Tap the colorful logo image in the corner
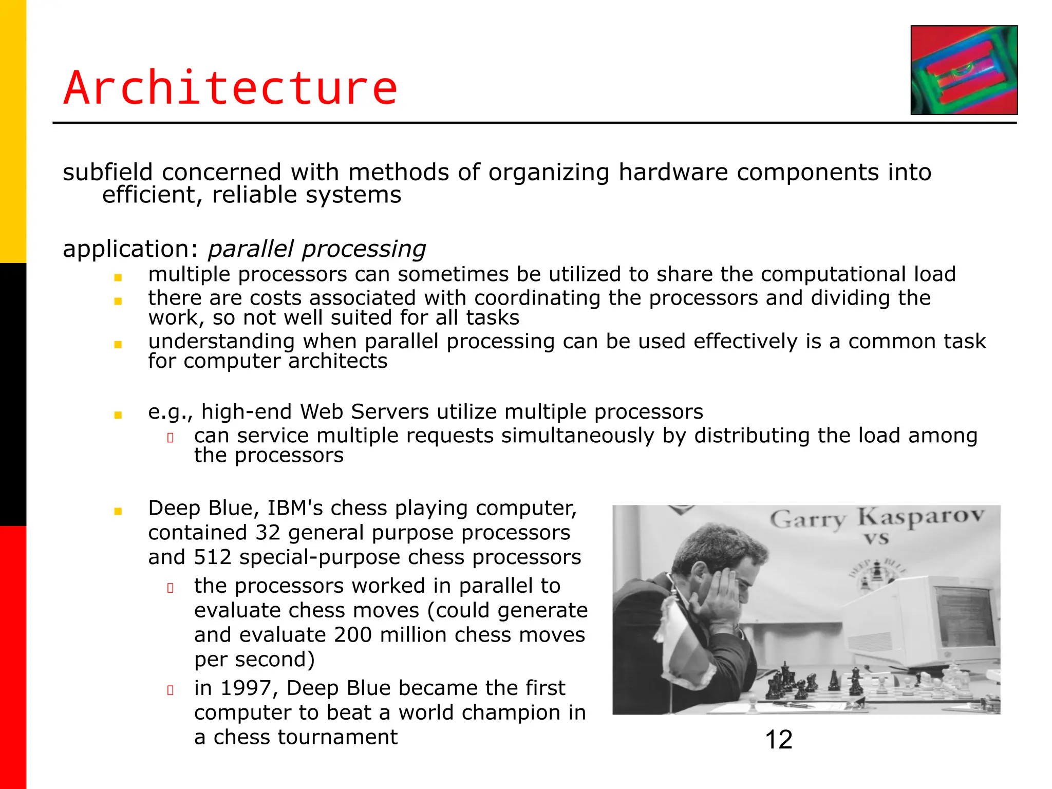pos(964,70)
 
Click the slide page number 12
pos(778,740)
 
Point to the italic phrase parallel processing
pos(316,249)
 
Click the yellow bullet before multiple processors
pos(118,277)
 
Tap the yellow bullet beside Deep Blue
pos(118,511)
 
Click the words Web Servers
pos(364,412)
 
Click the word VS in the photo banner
pos(876,539)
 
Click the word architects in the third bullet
pos(337,361)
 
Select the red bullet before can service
pos(171,438)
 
